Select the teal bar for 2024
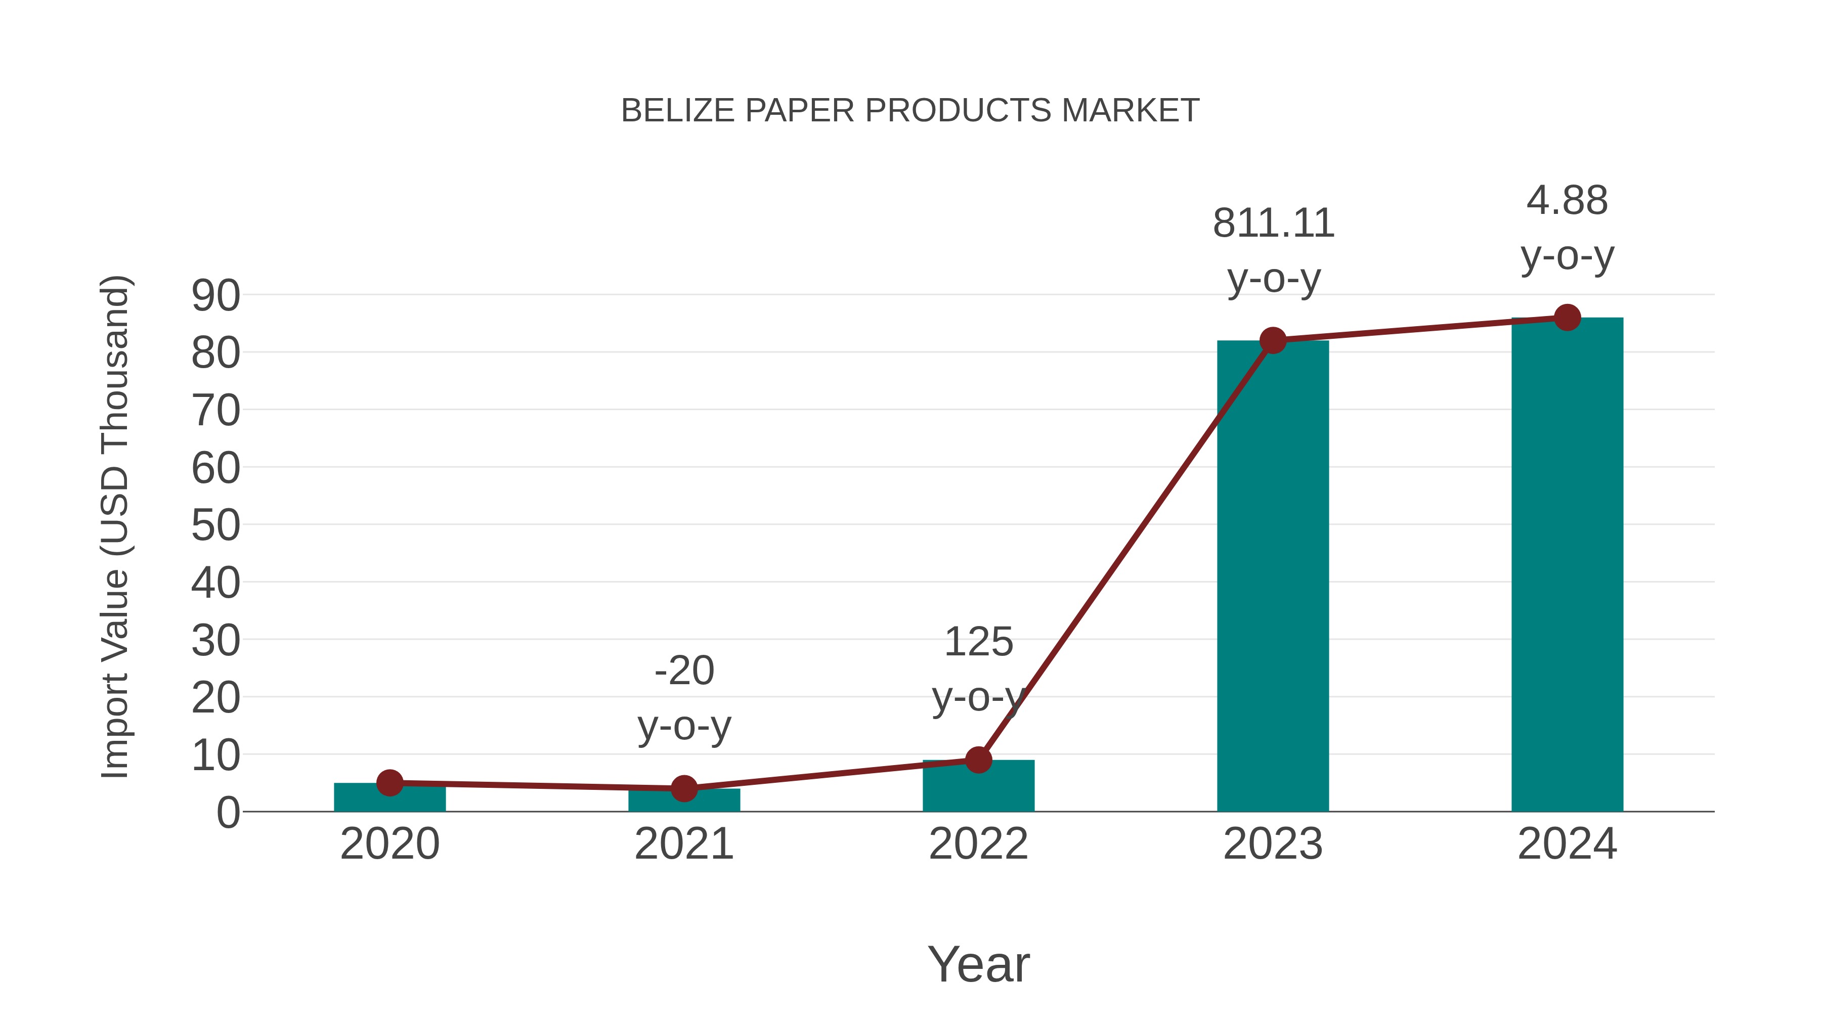(x=1567, y=565)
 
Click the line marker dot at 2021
(x=683, y=788)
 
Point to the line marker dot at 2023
(x=1273, y=341)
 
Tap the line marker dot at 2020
(x=389, y=782)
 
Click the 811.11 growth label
(x=1273, y=224)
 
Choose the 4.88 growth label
(x=1567, y=201)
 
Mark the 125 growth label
(x=978, y=642)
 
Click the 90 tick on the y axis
(x=215, y=295)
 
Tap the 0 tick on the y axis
(x=228, y=813)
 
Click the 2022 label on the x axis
(x=978, y=844)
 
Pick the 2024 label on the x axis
(x=1567, y=844)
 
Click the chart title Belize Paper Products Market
(x=910, y=111)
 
